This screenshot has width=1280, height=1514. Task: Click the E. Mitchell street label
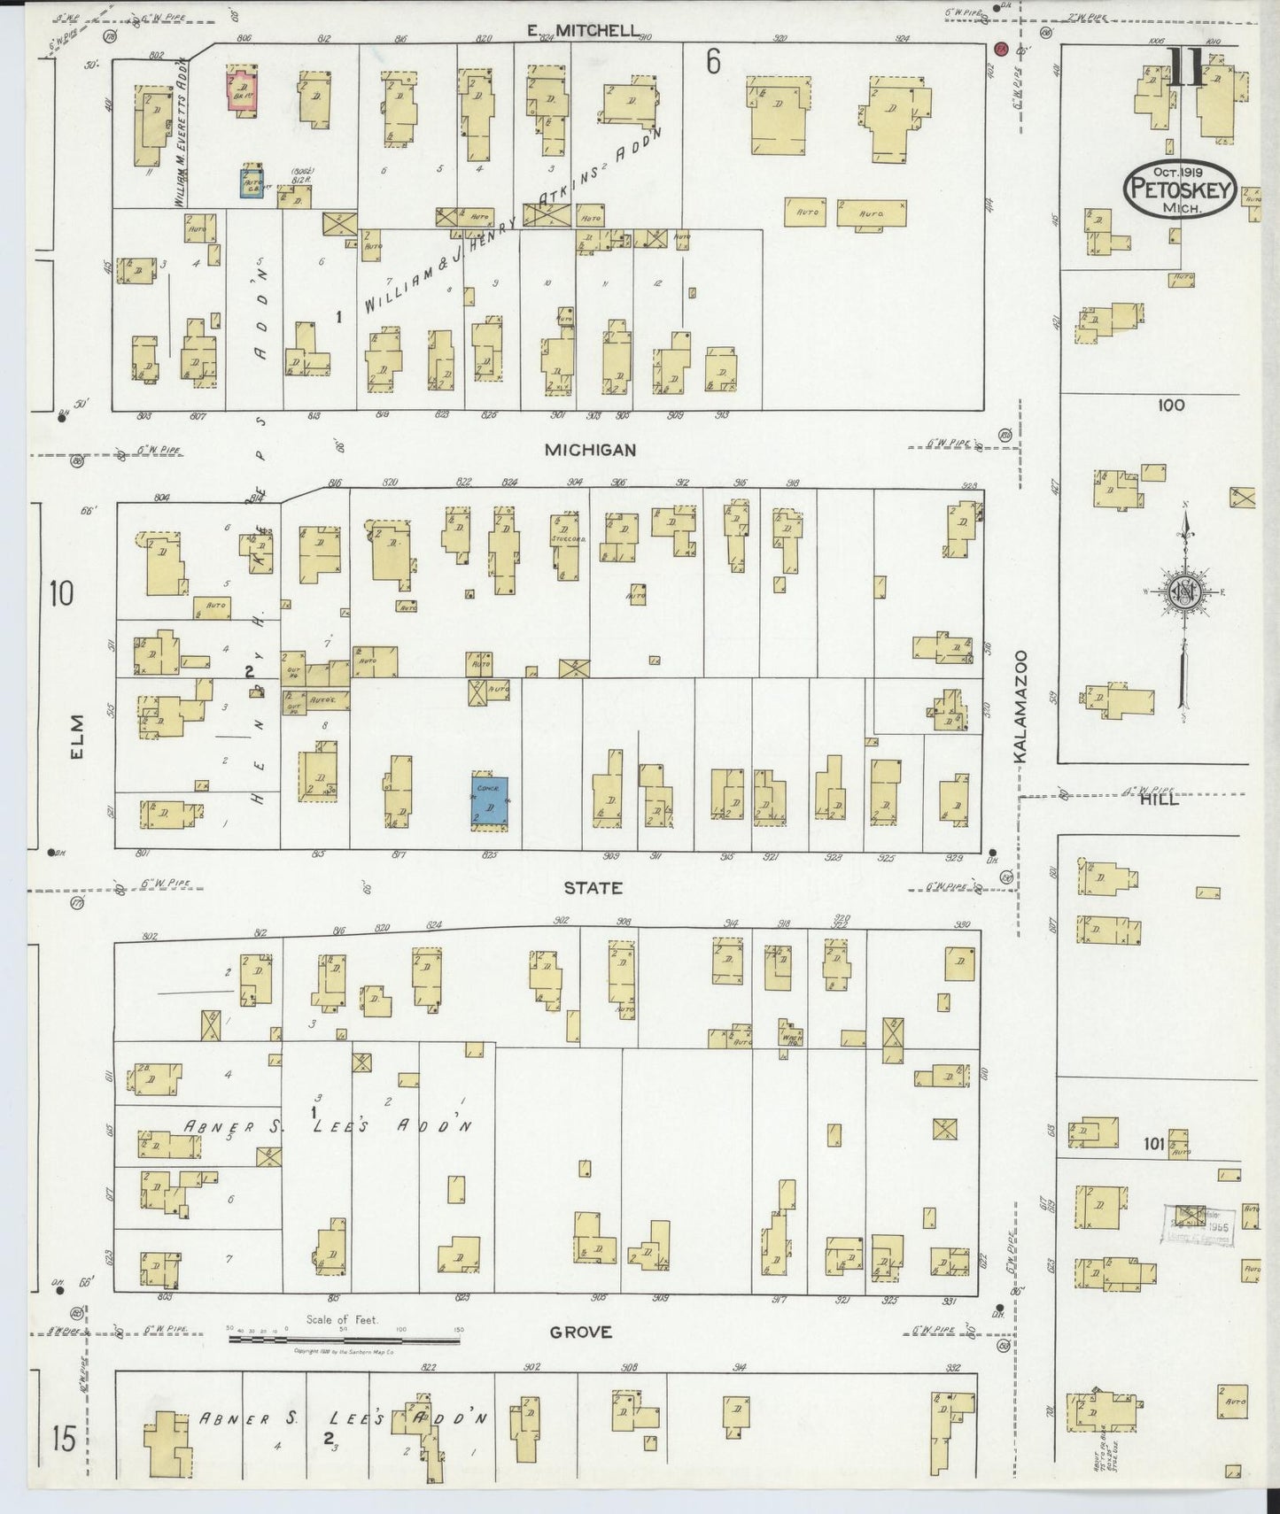point(582,31)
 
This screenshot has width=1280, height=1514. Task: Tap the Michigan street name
point(590,450)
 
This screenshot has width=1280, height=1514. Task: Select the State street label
point(593,888)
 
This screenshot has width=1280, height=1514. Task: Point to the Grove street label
point(582,1332)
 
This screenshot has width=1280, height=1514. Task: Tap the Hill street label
point(1160,799)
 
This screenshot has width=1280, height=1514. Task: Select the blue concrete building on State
point(489,801)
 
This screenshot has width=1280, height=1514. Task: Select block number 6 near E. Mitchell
point(713,62)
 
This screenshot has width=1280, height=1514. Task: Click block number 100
point(1170,406)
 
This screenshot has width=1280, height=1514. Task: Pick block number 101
point(1152,1144)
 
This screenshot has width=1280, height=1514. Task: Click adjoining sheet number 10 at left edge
point(61,592)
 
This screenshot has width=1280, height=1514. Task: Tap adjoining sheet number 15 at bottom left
point(62,1440)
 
